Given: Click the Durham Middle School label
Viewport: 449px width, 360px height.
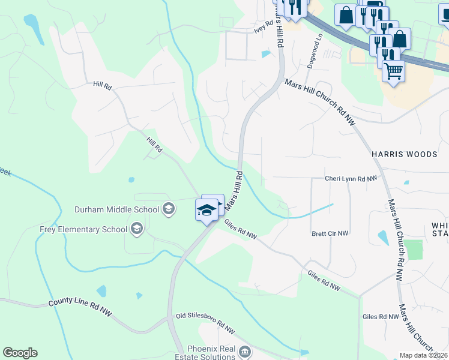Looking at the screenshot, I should [116, 209].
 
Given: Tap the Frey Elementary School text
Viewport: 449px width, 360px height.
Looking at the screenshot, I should [83, 229].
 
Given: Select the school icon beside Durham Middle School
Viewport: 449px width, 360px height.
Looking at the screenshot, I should [169, 209].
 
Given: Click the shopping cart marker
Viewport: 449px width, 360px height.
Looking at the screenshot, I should [393, 71].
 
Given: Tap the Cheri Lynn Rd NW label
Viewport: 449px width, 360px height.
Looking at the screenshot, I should [351, 178].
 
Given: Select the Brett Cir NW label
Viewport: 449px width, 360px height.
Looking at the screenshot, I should [330, 233].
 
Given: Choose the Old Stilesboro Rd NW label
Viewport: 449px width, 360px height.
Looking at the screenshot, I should [205, 322].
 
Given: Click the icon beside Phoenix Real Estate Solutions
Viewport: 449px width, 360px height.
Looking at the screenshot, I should [244, 351].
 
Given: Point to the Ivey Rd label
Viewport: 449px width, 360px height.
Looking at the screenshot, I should [264, 26].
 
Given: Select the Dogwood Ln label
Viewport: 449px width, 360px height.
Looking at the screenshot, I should [315, 51].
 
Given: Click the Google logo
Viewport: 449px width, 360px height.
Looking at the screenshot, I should [20, 353].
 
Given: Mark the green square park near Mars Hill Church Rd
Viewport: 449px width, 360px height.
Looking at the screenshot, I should [413, 249].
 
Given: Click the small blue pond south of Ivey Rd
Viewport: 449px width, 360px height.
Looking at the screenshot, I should [265, 55].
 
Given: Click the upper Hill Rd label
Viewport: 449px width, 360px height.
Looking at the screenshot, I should [103, 86].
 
